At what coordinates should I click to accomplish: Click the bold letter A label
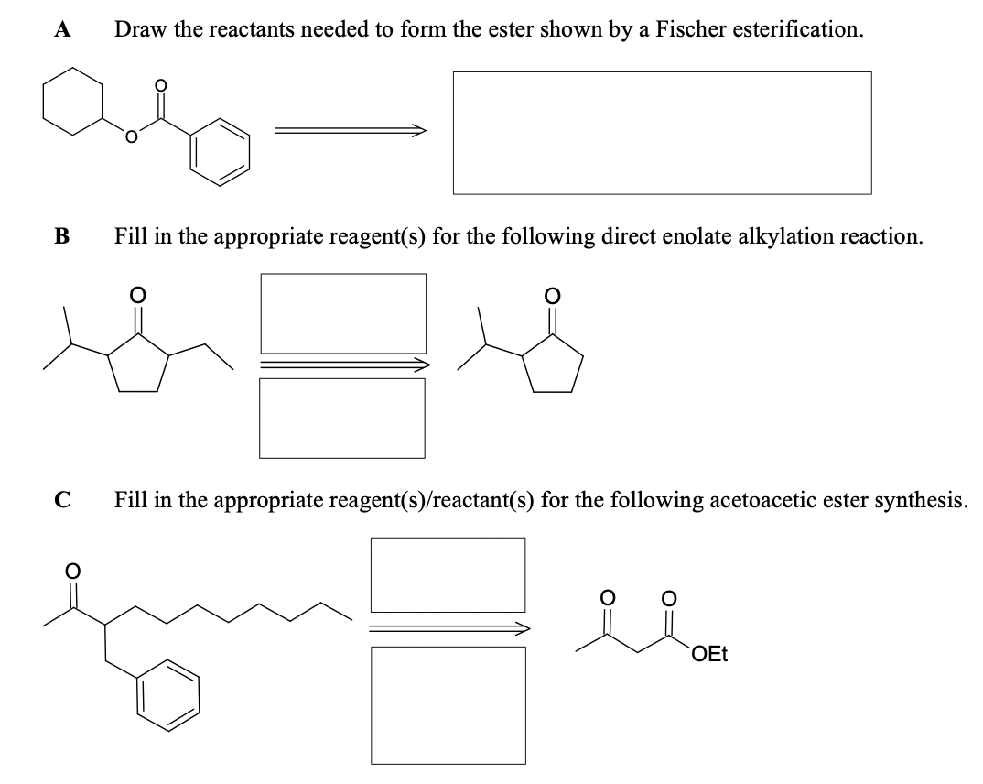point(61,29)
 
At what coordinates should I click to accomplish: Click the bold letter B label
point(60,236)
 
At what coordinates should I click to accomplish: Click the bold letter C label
point(61,500)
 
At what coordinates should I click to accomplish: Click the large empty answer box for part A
point(662,133)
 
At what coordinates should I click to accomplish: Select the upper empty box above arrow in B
point(343,310)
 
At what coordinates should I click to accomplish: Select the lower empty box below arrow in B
point(342,418)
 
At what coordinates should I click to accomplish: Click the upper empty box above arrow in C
point(448,574)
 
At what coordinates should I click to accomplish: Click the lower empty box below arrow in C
point(448,704)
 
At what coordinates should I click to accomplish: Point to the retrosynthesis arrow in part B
point(343,365)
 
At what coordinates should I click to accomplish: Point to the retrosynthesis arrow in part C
point(448,628)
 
